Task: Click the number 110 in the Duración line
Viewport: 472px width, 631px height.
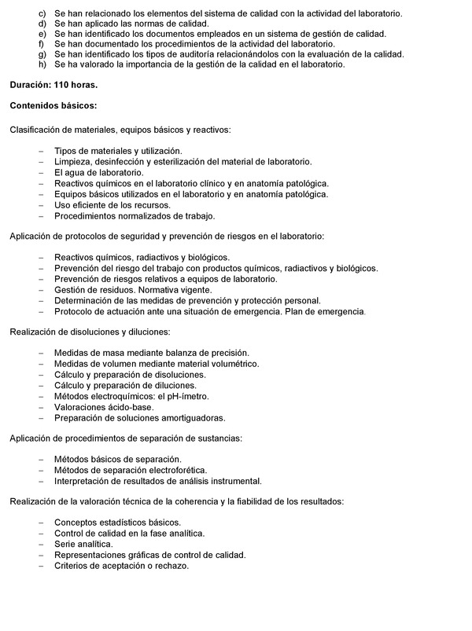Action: coord(65,83)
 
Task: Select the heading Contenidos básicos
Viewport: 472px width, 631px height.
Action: coord(53,105)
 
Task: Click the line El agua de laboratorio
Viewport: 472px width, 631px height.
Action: coord(98,172)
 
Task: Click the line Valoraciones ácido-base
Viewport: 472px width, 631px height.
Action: coord(103,407)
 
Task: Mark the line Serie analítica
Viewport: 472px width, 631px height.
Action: coord(83,544)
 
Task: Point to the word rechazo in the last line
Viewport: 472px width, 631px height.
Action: coord(171,566)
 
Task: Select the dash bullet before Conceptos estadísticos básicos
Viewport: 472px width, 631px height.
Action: coord(41,522)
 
